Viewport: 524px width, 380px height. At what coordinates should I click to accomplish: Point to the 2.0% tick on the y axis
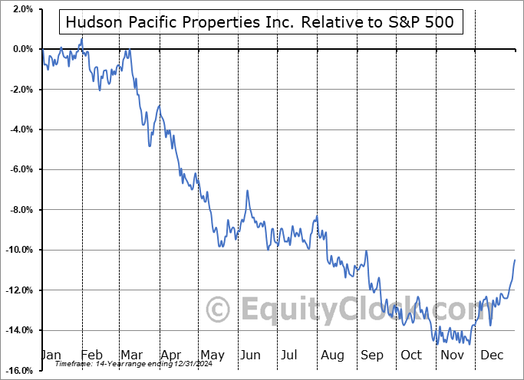click(x=21, y=9)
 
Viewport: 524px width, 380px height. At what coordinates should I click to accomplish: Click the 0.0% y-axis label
click(x=21, y=49)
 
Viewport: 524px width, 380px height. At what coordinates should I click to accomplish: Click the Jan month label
click(x=51, y=355)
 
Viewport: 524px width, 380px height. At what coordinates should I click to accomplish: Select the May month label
click(x=212, y=355)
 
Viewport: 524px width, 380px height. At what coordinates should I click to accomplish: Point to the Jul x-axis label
click(x=290, y=355)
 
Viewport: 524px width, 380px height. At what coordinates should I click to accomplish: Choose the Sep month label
click(x=371, y=355)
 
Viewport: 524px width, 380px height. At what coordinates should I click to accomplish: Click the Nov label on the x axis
click(x=451, y=355)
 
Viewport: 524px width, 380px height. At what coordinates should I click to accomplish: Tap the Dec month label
click(x=493, y=355)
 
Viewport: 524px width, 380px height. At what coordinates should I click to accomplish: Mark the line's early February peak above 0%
click(x=81, y=38)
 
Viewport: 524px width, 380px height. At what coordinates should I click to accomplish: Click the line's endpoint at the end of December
click(x=515, y=260)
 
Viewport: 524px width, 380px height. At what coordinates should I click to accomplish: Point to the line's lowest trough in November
click(x=470, y=344)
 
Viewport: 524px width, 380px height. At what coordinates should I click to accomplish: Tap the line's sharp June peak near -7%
click(x=247, y=190)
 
